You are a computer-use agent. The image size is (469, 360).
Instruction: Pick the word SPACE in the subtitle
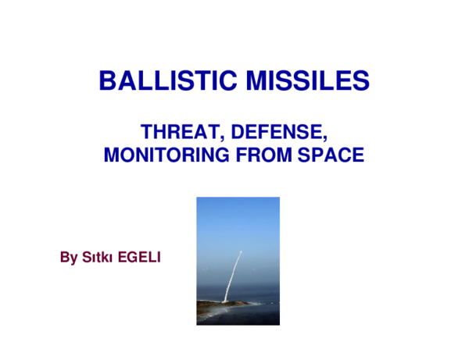tap(331, 155)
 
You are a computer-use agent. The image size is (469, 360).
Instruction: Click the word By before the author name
tap(69, 258)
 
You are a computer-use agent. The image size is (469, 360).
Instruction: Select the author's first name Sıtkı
tap(96, 258)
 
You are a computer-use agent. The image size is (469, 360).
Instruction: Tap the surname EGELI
tap(138, 258)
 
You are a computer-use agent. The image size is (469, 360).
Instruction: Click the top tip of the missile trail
tap(241, 251)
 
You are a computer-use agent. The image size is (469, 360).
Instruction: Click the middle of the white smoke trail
tap(233, 275)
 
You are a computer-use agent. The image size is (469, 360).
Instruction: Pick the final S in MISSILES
tap(362, 80)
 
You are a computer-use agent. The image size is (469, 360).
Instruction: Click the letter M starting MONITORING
tap(112, 155)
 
